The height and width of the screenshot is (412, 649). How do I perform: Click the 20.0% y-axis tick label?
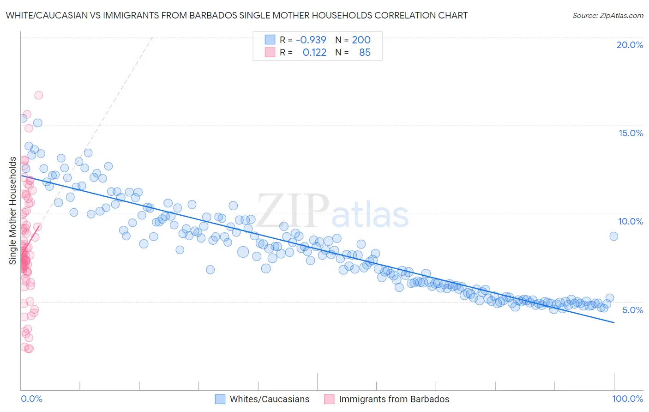pyautogui.click(x=630, y=45)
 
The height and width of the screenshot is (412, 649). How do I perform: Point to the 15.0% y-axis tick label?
pyautogui.click(x=631, y=133)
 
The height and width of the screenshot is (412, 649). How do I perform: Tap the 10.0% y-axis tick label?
pyautogui.click(x=631, y=221)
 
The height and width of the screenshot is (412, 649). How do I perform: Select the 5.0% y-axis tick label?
pyautogui.click(x=632, y=310)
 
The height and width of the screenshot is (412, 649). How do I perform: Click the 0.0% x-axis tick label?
pyautogui.click(x=31, y=399)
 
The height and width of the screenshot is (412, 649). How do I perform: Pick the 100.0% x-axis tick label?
pyautogui.click(x=627, y=399)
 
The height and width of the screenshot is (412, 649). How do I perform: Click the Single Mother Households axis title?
pyautogui.click(x=12, y=211)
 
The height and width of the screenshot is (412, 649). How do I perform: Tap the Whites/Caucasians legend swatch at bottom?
pyautogui.click(x=220, y=399)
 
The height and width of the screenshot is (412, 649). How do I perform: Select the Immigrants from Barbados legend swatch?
pyautogui.click(x=329, y=399)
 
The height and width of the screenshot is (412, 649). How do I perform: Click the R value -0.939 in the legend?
pyautogui.click(x=311, y=40)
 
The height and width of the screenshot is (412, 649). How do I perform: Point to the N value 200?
pyautogui.click(x=361, y=40)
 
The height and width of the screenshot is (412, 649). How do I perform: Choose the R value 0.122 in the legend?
pyautogui.click(x=314, y=52)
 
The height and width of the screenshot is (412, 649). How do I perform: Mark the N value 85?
pyautogui.click(x=365, y=52)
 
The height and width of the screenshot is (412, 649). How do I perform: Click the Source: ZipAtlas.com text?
pyautogui.click(x=607, y=15)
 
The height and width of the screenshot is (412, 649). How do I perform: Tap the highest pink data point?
pyautogui.click(x=38, y=95)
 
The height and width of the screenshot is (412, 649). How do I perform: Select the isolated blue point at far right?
pyautogui.click(x=613, y=236)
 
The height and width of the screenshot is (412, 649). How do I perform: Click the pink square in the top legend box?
pyautogui.click(x=270, y=52)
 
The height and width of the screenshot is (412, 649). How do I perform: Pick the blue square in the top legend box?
pyautogui.click(x=270, y=40)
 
